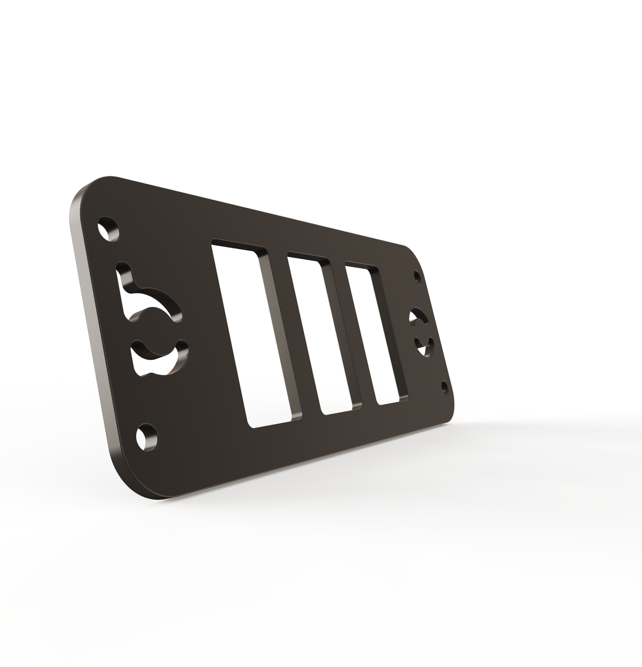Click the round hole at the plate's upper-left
tap(108, 229)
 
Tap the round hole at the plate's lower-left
tap(147, 437)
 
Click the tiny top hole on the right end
tap(417, 277)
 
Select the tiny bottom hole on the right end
tap(445, 387)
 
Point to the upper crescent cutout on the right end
tap(418, 316)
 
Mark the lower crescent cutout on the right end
tap(424, 346)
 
